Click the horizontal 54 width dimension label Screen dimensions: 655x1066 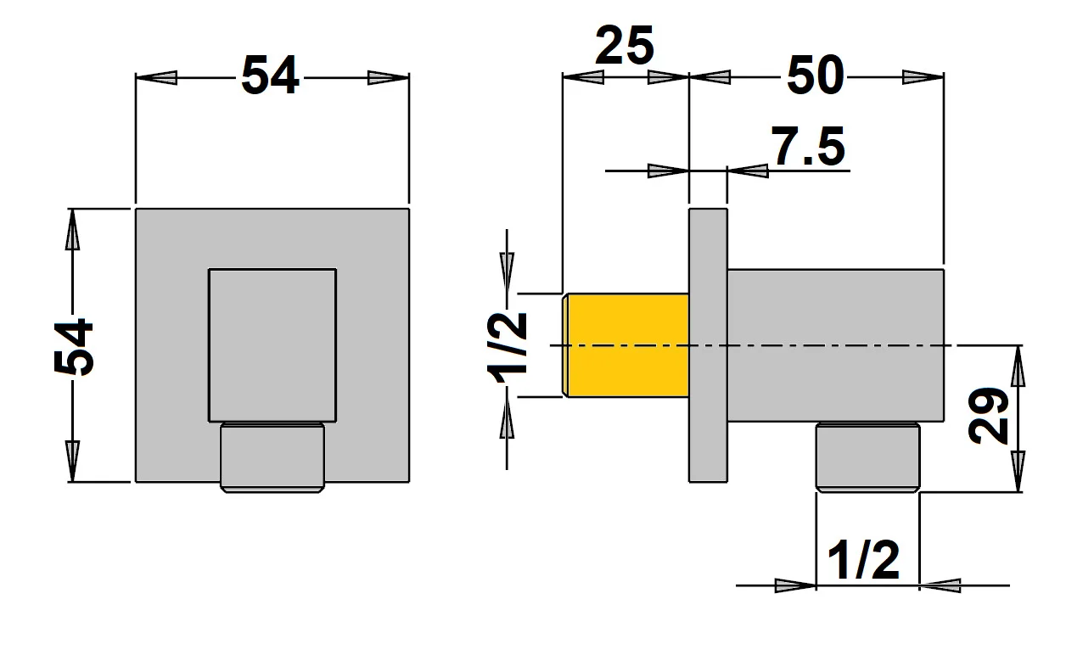pos(271,77)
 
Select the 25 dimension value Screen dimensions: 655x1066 pos(625,47)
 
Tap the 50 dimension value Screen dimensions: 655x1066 pos(816,77)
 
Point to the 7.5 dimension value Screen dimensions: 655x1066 pos(808,148)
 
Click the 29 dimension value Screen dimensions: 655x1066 pos(990,416)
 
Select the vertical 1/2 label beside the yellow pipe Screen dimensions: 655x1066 pos(508,347)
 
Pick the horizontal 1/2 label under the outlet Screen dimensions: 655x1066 pos(863,562)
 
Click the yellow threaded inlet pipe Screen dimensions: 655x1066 pos(626,344)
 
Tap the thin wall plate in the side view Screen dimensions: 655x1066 pos(708,344)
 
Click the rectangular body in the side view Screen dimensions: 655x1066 pos(836,344)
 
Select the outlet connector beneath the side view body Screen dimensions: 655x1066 pos(867,456)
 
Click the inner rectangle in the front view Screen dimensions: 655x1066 pos(272,344)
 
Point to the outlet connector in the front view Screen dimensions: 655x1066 pos(272,456)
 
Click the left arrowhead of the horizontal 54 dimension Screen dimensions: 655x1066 pos(158,77)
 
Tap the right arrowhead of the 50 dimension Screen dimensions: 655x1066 pos(923,77)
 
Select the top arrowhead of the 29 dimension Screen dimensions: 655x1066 pos(1018,365)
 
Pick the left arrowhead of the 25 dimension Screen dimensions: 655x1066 pos(583,77)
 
